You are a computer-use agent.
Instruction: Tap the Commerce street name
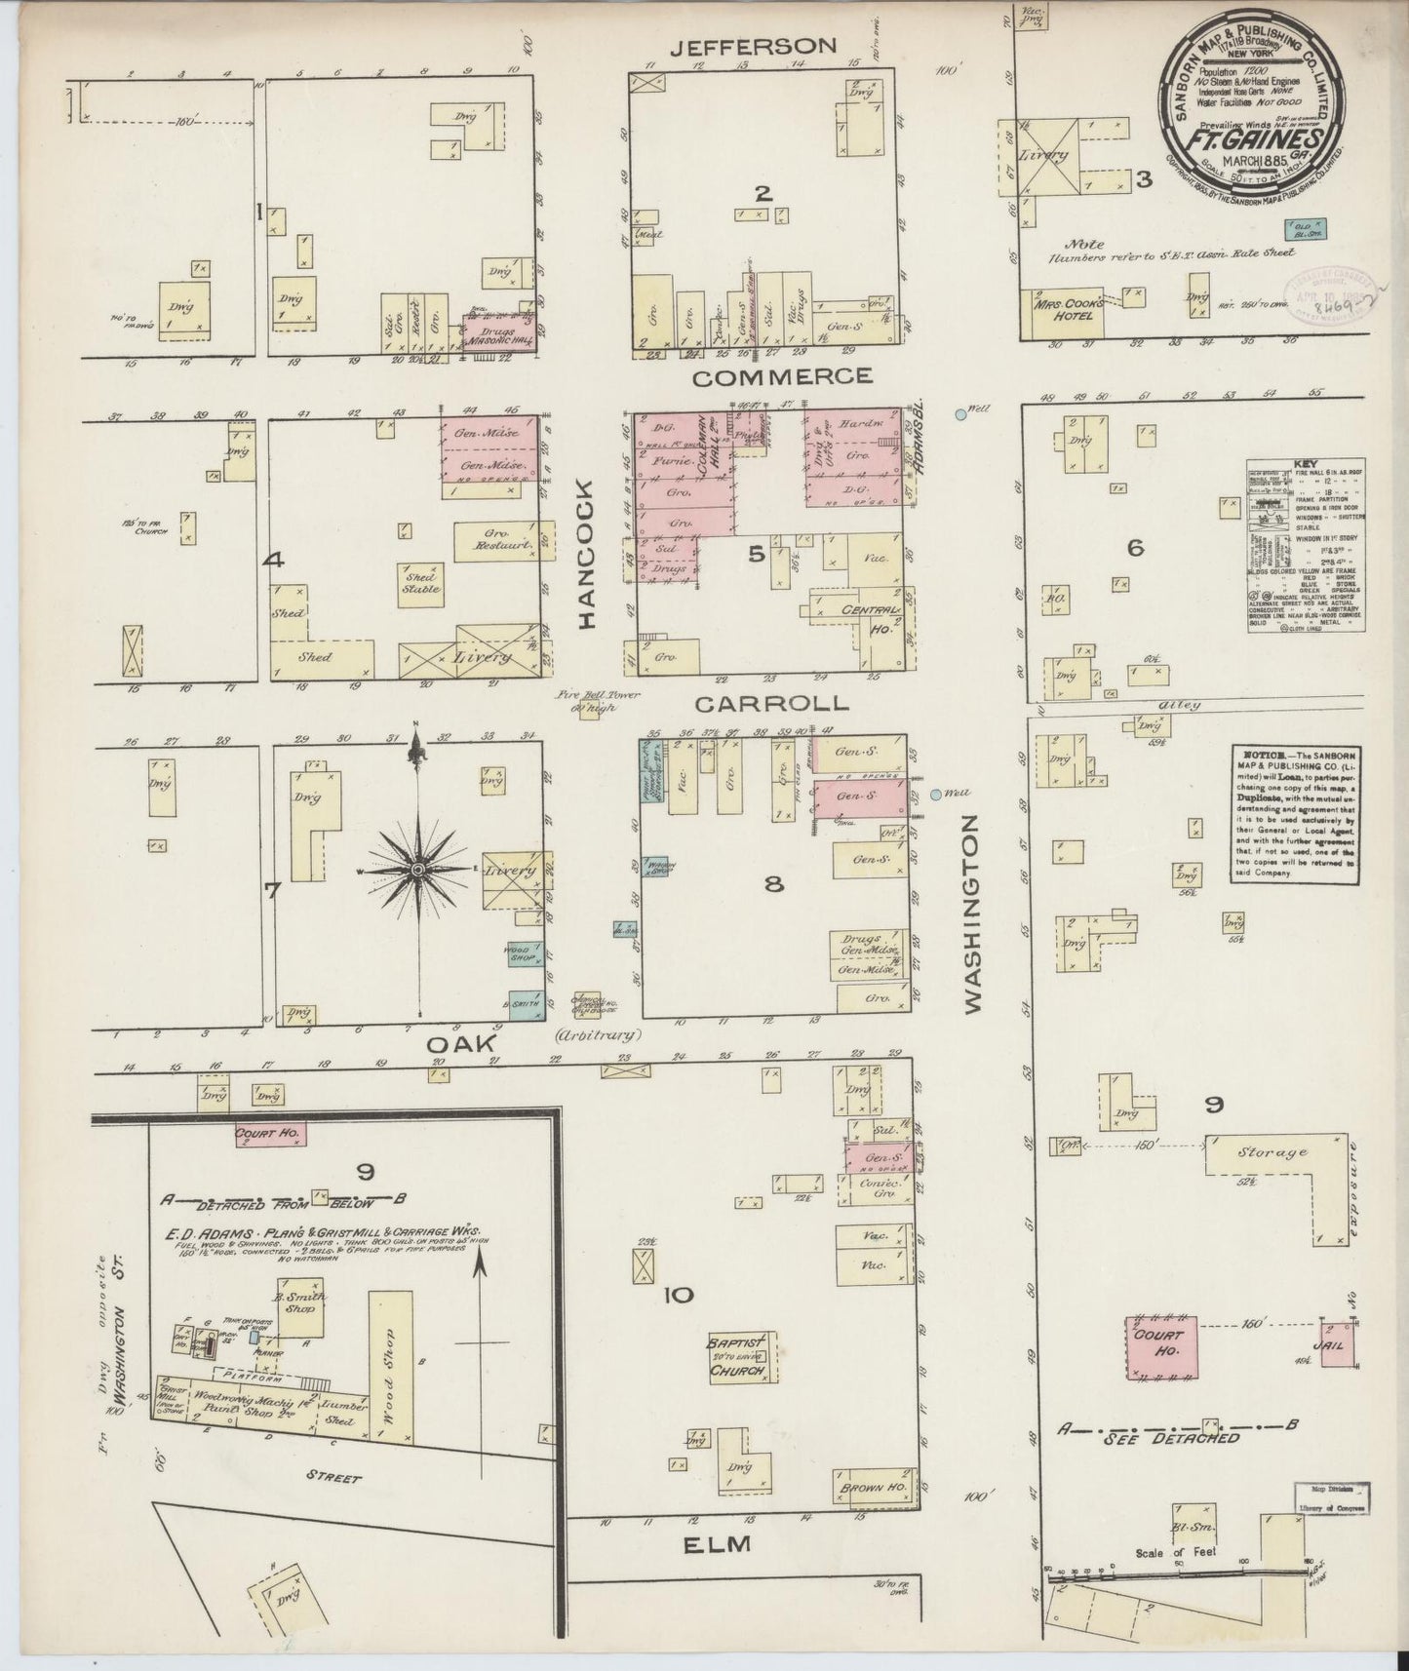[783, 376]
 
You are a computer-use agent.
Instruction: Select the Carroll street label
[771, 703]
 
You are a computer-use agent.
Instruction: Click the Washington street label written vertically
[971, 916]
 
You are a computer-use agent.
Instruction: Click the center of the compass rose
[417, 869]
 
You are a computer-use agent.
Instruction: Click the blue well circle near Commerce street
[961, 414]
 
